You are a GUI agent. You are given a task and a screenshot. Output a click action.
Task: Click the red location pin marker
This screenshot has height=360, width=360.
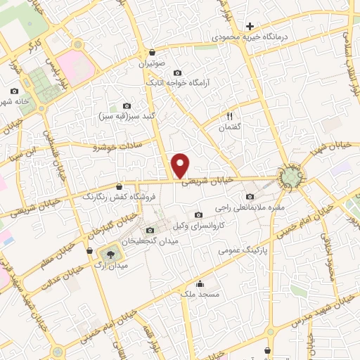tap(181, 165)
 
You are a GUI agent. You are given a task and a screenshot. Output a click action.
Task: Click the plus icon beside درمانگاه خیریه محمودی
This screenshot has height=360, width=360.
tap(250, 26)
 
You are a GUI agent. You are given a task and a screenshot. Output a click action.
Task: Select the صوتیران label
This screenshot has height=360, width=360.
tap(152, 61)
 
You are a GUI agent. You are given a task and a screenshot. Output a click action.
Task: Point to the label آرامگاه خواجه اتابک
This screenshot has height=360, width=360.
tap(177, 82)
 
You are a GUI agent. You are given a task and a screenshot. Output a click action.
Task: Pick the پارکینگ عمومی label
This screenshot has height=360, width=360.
tap(239, 250)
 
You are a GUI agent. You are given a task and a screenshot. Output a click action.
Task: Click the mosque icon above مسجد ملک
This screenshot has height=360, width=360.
tap(201, 284)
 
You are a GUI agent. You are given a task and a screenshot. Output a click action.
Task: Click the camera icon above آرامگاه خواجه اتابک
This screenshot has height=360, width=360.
tap(177, 72)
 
